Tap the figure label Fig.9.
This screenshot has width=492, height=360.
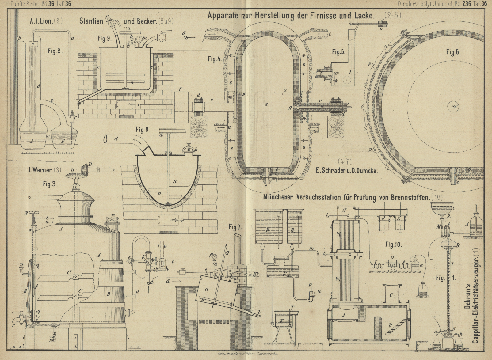[x=105, y=39]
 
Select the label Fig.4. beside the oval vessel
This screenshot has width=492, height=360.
[x=215, y=59]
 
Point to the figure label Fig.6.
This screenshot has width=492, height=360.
[x=453, y=52]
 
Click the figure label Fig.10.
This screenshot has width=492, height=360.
[x=393, y=244]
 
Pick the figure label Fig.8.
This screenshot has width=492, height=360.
[x=143, y=130]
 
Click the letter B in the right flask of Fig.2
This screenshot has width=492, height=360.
[x=63, y=141]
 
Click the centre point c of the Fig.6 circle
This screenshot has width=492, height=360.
[x=452, y=107]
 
